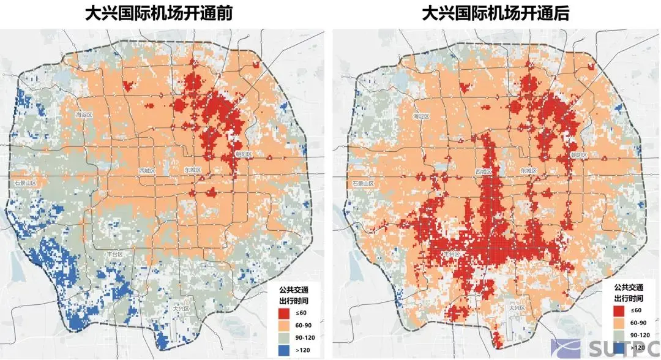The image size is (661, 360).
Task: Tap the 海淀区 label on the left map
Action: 84,115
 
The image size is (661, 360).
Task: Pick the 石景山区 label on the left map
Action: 26,183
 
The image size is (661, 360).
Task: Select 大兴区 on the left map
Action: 181,309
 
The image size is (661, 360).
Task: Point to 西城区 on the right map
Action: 484,171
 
